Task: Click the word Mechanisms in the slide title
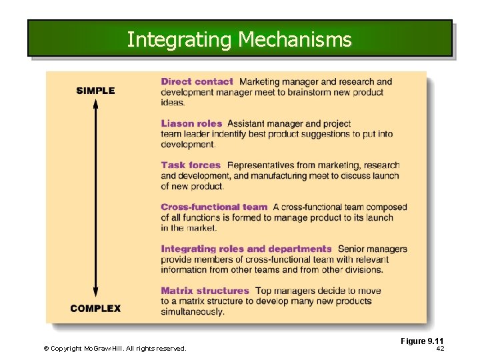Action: pyautogui.click(x=295, y=40)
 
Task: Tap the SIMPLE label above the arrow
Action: pyautogui.click(x=95, y=91)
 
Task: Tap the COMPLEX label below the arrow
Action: pyautogui.click(x=95, y=309)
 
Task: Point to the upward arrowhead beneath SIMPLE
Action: pyautogui.click(x=95, y=103)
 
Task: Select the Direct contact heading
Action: pyautogui.click(x=197, y=82)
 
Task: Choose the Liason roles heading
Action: pyautogui.click(x=191, y=123)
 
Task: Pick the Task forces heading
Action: pyautogui.click(x=191, y=165)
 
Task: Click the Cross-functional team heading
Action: pyautogui.click(x=214, y=207)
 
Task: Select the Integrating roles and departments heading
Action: pyautogui.click(x=246, y=249)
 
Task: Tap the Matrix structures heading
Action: pyautogui.click(x=205, y=291)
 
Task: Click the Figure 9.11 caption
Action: pyautogui.click(x=422, y=341)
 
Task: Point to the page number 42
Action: pyautogui.click(x=440, y=348)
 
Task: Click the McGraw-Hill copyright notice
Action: pyautogui.click(x=115, y=348)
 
